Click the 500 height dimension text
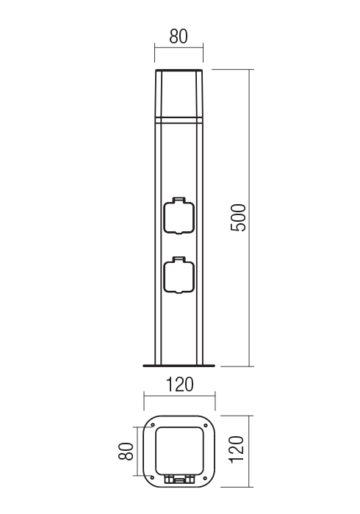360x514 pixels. tap(238, 217)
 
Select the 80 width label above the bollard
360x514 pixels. tap(179, 36)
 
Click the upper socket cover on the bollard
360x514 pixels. tap(179, 217)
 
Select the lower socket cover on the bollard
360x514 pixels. tap(179, 277)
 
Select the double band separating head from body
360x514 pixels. tap(179, 117)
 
